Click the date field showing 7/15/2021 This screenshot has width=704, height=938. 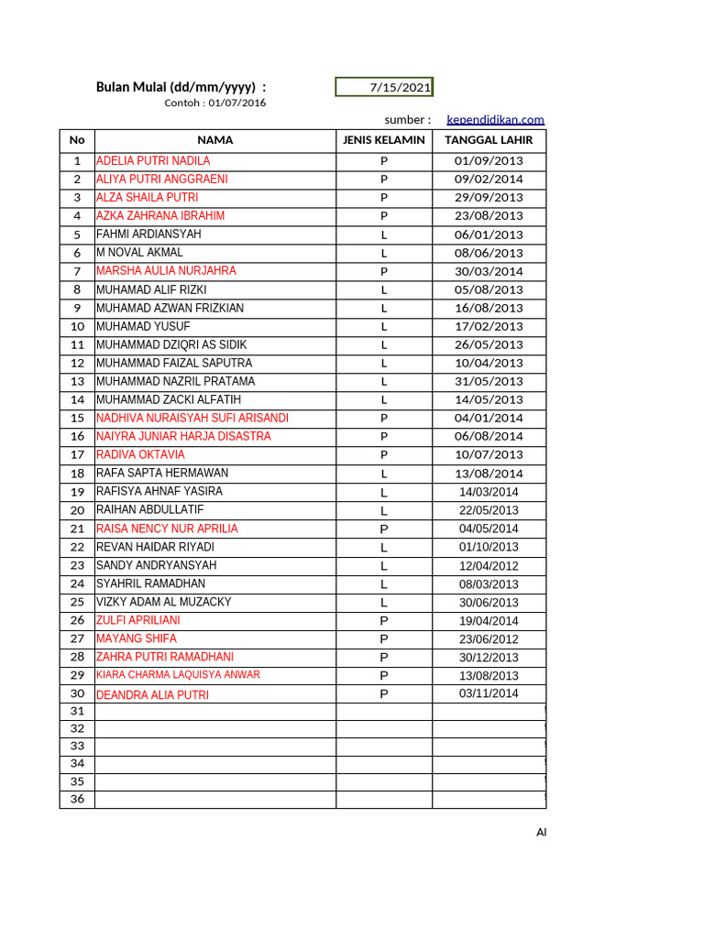click(x=384, y=87)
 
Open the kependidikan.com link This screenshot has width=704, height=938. click(x=495, y=119)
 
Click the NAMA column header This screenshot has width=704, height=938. click(x=214, y=140)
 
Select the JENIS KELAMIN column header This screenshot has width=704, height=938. click(x=384, y=140)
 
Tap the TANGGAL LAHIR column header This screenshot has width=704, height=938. click(x=489, y=140)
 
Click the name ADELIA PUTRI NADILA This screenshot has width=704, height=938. click(x=153, y=160)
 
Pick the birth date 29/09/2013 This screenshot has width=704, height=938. click(x=489, y=198)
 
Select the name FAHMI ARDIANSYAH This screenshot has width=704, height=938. click(x=148, y=234)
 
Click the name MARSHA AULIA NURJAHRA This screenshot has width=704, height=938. click(x=166, y=271)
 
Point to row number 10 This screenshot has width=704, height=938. click(x=77, y=326)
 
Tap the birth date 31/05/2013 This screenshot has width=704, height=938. click(x=489, y=381)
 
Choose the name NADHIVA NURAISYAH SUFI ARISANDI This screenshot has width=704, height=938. click(x=192, y=418)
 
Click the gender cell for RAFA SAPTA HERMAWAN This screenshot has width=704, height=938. click(x=384, y=474)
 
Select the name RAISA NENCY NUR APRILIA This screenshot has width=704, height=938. click(x=167, y=529)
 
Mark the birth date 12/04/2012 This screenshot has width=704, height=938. click(x=489, y=565)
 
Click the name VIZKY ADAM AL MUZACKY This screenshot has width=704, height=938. click(x=164, y=602)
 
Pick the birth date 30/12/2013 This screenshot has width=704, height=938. click(x=489, y=657)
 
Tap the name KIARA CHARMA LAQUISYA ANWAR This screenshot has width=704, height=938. click(x=178, y=675)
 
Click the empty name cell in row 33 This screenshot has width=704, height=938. click(x=214, y=746)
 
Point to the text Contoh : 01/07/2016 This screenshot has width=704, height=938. click(x=215, y=103)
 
